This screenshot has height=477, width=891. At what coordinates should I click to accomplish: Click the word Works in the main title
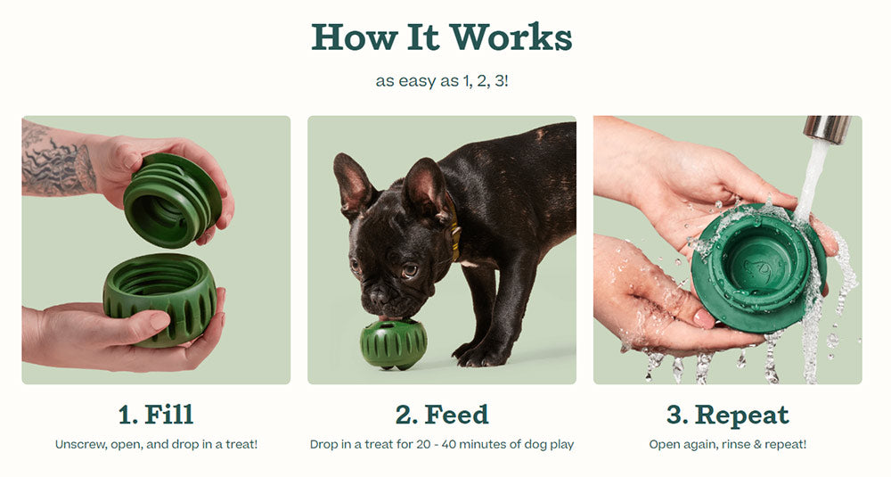point(511,37)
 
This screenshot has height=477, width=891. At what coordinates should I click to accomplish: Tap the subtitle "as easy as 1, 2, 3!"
point(442,81)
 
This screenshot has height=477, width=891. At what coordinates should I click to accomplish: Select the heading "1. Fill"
point(156,415)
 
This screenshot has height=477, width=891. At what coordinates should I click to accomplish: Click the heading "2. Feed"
point(442,415)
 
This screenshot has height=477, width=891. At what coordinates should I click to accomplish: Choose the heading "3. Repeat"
point(727,415)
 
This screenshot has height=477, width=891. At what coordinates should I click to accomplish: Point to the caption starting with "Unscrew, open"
point(156,445)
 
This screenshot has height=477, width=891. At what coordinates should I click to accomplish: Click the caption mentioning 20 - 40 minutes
point(442,445)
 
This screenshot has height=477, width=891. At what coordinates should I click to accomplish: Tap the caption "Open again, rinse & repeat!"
point(727,445)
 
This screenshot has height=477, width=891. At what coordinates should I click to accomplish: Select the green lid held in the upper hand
point(172,200)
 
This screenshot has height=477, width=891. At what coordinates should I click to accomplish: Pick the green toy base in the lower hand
point(160,299)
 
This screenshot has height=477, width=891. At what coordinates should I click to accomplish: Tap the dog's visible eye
point(410,271)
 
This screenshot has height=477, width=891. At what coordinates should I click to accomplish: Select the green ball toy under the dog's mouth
point(393,344)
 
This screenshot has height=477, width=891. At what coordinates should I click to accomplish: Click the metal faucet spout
point(827,129)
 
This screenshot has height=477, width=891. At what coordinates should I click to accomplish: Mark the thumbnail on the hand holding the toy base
point(159,321)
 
